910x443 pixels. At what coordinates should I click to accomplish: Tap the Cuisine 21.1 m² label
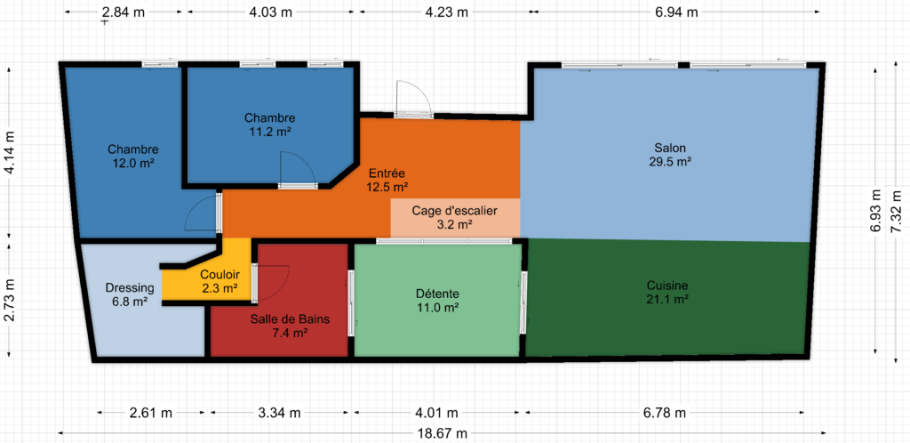667,292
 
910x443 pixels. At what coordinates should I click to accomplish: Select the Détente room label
438,300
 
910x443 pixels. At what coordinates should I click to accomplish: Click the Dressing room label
129,294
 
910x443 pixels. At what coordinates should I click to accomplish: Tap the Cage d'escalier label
454,217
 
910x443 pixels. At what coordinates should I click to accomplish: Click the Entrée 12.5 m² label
387,180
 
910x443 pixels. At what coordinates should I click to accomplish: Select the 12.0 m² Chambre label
133,157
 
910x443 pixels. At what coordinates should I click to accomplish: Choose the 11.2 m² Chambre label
270,125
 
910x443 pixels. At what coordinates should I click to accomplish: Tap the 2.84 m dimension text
124,12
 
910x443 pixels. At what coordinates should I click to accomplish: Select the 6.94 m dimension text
676,12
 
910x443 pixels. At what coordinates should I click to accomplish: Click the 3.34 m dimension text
279,413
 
